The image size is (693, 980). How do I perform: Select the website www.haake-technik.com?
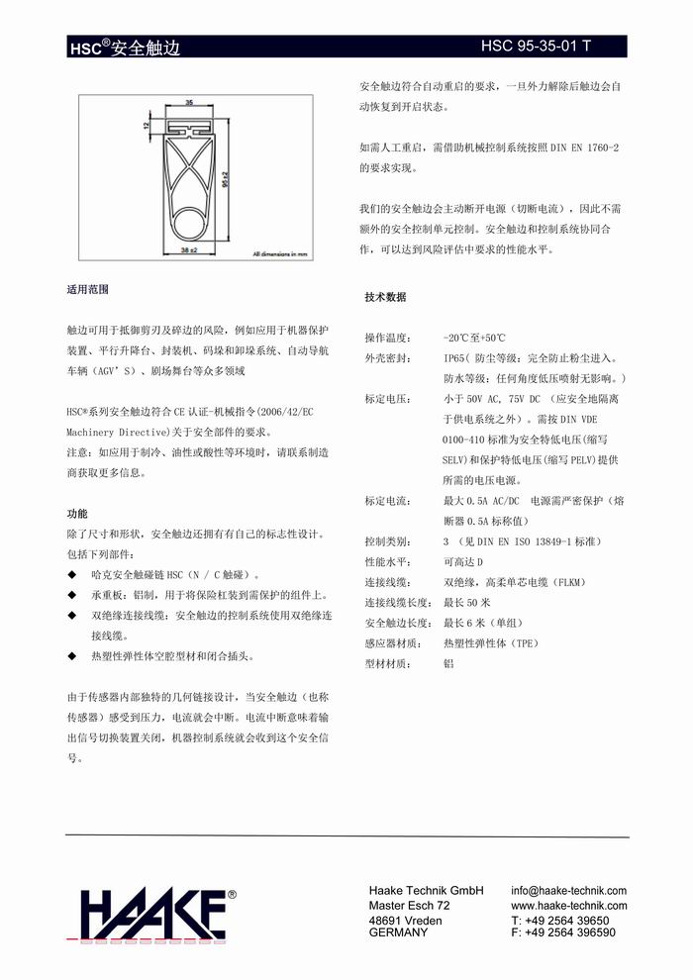coord(569,905)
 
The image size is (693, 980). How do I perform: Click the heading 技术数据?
coord(385,297)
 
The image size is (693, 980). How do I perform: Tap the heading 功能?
coord(77,514)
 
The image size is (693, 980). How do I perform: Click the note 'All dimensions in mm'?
coord(282,254)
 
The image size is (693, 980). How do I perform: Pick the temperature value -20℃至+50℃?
coord(474,338)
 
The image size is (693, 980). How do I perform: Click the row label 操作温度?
coord(386,338)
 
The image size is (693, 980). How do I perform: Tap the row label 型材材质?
coord(386,663)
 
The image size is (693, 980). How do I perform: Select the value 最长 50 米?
coord(467,602)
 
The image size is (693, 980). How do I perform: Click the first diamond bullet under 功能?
coord(71,575)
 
